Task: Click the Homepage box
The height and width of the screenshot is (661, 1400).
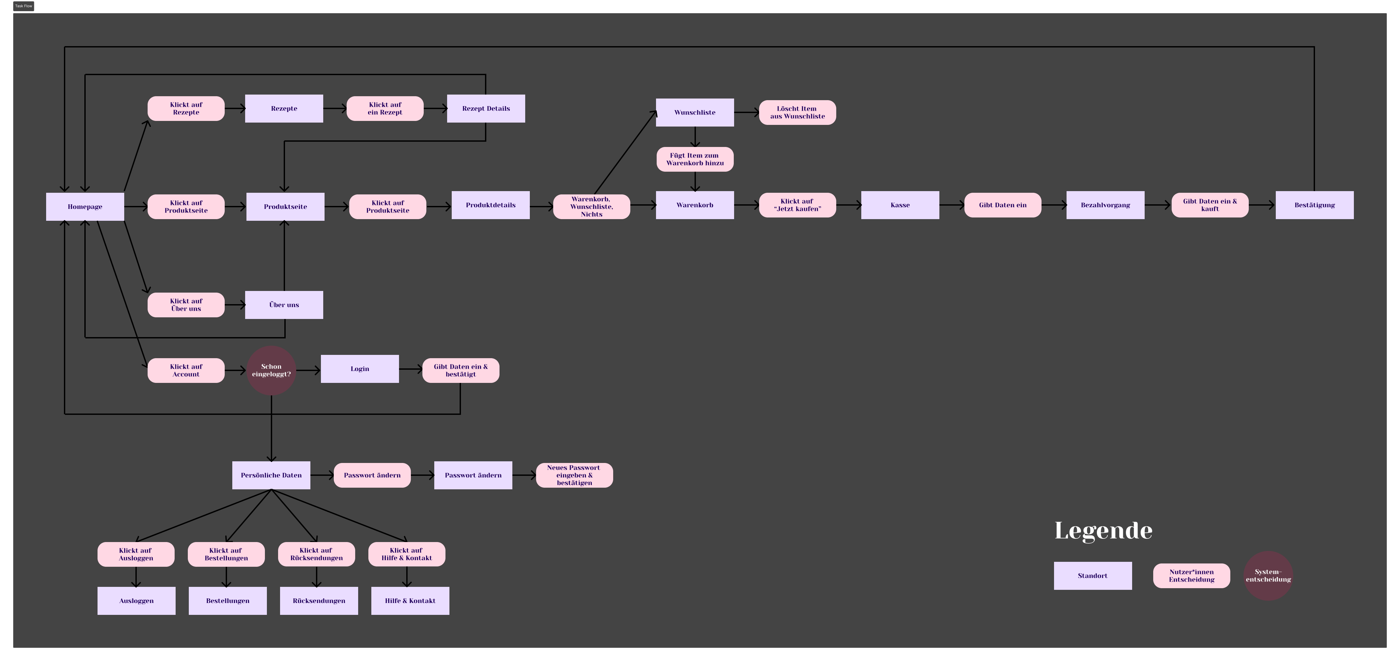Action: point(85,207)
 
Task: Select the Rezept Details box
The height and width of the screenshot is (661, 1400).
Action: point(486,108)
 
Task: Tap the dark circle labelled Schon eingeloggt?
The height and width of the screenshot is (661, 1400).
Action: point(271,370)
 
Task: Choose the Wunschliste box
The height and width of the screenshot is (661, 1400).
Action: point(695,112)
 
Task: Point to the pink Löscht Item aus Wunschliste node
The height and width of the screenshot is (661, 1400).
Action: point(797,112)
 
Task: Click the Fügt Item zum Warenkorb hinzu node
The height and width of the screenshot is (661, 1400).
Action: point(695,159)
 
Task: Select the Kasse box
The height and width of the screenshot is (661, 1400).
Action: point(900,205)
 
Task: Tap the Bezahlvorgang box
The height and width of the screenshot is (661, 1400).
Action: point(1105,205)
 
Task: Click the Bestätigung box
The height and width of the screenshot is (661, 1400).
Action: point(1314,205)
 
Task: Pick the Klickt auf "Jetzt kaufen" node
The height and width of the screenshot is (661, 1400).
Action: point(797,205)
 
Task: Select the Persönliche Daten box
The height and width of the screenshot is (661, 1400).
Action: point(271,475)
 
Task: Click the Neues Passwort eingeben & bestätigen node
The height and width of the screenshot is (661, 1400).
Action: point(574,475)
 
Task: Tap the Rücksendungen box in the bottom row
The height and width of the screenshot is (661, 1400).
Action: point(319,601)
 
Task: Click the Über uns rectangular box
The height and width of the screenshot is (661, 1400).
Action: point(284,305)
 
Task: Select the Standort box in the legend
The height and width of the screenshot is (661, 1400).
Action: point(1092,576)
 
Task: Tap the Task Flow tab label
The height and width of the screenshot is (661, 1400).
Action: point(23,6)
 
